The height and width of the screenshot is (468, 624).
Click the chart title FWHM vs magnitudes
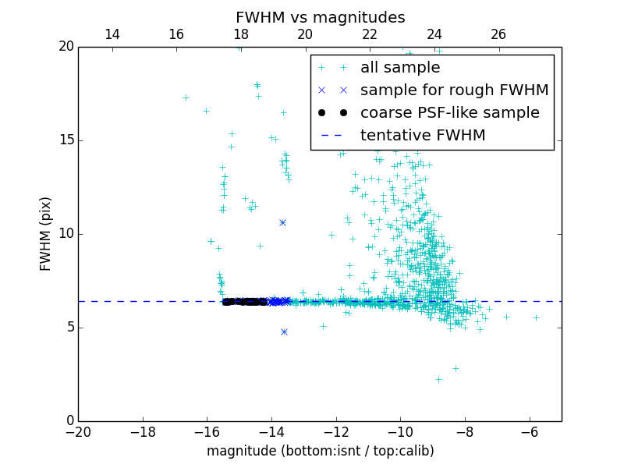320,17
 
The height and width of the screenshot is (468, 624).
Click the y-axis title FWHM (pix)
46,233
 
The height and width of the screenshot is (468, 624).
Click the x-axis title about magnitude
320,451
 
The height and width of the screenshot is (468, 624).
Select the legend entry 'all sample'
400,68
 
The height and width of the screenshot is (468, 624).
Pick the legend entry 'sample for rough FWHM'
454,90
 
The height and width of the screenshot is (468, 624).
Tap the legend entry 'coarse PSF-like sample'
449,112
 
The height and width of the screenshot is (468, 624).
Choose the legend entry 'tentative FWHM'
423,135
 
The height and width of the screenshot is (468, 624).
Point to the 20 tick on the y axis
66,47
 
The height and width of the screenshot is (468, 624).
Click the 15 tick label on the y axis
66,140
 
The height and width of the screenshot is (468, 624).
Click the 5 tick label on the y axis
69,327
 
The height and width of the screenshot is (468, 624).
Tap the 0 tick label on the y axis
69,420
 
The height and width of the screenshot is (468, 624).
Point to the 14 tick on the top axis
112,34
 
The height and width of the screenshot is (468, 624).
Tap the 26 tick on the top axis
498,34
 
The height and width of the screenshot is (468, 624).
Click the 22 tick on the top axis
370,34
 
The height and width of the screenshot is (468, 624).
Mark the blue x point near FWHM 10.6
282,222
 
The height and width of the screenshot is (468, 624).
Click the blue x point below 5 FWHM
284,331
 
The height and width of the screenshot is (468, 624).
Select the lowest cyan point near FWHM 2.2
438,379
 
